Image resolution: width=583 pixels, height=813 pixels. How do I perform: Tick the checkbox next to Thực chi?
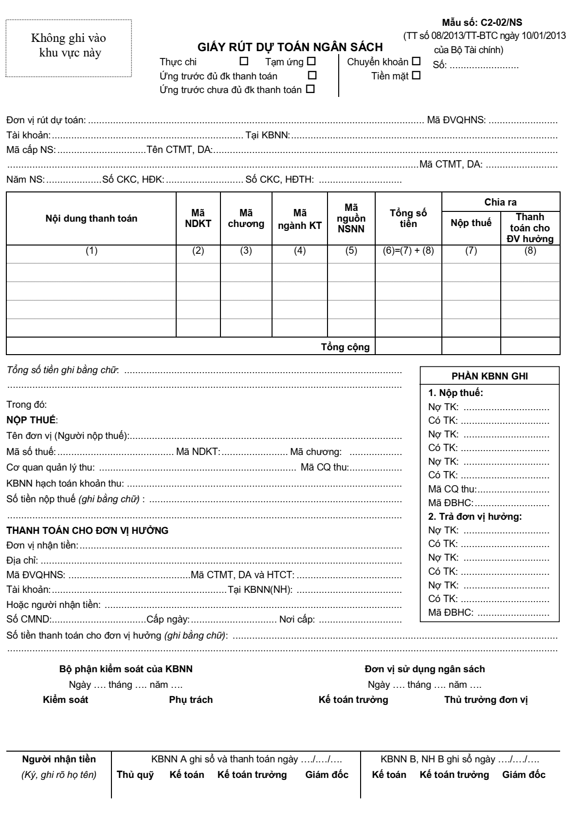(244, 62)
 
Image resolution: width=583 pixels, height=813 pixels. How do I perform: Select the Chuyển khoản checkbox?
(416, 62)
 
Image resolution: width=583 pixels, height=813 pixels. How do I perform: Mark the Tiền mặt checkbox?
(416, 76)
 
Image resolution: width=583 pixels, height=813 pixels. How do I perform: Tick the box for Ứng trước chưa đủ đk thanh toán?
(310, 90)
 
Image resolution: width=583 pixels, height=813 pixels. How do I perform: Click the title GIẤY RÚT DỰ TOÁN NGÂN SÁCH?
(290, 47)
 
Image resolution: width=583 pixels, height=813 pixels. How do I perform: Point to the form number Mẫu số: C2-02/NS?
(482, 22)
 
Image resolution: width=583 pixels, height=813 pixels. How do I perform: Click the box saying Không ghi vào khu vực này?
(69, 45)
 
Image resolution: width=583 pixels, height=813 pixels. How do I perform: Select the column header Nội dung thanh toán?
(91, 218)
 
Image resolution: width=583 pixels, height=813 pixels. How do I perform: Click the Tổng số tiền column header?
(408, 218)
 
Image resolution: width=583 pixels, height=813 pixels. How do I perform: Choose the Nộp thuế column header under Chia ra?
(471, 223)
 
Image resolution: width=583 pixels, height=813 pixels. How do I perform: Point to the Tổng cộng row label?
(346, 347)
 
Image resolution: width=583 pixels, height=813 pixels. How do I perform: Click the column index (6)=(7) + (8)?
(408, 251)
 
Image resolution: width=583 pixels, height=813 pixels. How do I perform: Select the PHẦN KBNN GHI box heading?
(490, 376)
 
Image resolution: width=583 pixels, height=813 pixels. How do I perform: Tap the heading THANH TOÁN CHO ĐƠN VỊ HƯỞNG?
(88, 530)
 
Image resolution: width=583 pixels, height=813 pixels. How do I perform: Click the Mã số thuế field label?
(31, 453)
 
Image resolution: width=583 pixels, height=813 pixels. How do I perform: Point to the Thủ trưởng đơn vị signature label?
(486, 700)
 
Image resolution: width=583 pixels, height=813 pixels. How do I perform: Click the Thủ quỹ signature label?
(135, 775)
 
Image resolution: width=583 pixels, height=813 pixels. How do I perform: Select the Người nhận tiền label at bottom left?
(59, 759)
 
